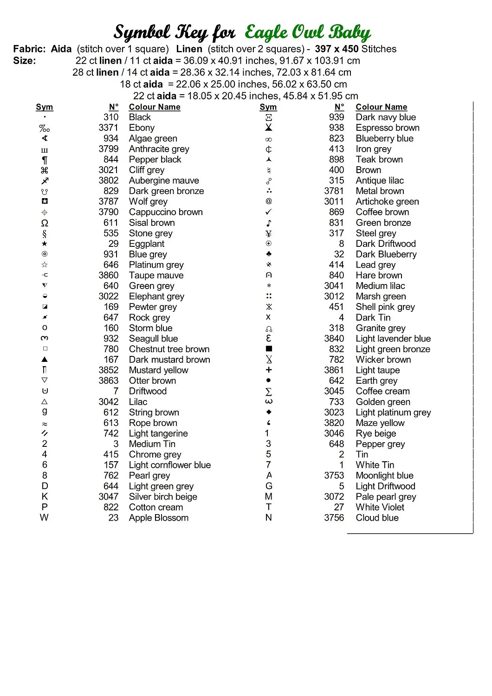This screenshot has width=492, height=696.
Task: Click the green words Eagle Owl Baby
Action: pos(307,32)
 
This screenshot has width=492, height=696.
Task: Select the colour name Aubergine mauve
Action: pos(164,180)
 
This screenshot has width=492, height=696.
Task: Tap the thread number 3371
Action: pos(108,128)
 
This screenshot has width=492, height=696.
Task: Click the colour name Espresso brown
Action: pos(388,128)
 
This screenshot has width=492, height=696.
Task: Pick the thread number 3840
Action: pos(334,339)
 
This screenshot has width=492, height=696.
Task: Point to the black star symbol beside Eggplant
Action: pos(45,244)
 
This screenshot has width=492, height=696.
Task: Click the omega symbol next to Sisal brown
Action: pos(45,223)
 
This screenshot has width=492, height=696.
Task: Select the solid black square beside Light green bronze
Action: pos(269,349)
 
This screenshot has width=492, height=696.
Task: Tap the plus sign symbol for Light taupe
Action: pos(269,370)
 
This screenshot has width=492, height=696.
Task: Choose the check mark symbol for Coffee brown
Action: pos(269,212)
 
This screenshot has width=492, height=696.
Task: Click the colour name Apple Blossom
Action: pos(159,518)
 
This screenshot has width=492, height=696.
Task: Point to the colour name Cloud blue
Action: pos(377,518)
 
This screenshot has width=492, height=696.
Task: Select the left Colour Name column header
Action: pos(155,107)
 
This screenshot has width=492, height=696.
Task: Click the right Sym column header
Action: pos(268,107)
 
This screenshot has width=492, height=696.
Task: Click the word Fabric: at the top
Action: pos(29,49)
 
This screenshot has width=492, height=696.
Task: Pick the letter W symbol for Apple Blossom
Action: pos(44,517)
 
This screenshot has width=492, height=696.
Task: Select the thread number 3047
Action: pos(108,496)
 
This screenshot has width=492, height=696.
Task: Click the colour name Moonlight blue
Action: pos(384,476)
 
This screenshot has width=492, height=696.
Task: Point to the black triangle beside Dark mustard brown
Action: pos(45,359)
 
